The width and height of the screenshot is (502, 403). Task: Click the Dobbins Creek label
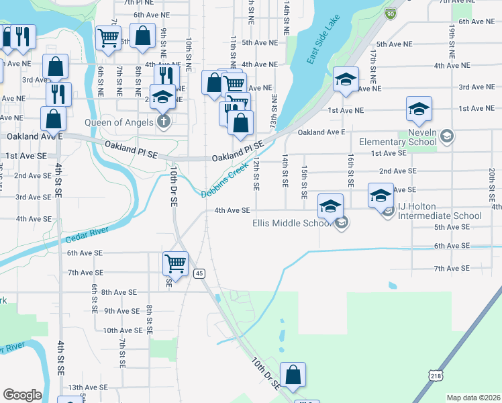click(x=221, y=183)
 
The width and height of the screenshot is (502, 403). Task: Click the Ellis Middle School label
click(x=291, y=224)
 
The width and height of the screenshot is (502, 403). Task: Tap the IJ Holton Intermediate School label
click(x=439, y=216)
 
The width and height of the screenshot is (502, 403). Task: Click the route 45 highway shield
click(x=199, y=273)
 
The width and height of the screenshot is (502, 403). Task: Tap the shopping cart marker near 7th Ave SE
click(x=175, y=263)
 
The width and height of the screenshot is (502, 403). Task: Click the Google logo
click(x=22, y=395)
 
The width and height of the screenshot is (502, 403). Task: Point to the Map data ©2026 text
click(x=473, y=398)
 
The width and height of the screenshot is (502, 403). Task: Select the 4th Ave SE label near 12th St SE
click(x=232, y=210)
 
